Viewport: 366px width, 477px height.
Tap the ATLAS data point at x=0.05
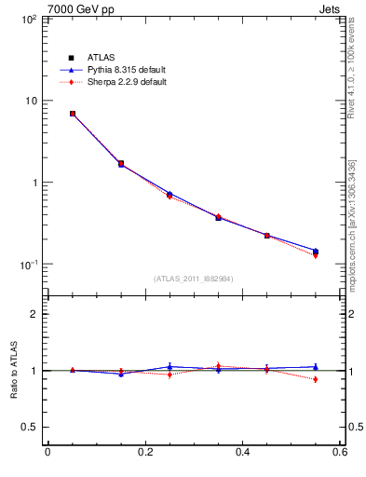point(72,114)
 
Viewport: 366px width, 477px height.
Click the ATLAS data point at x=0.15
point(121,164)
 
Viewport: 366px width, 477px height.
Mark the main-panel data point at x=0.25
point(169,195)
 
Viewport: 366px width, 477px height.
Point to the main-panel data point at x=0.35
point(218,217)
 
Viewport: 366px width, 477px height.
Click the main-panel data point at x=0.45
point(267,236)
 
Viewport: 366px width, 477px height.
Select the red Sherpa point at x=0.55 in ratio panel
point(316,379)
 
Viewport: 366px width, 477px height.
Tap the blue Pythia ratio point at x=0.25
point(169,367)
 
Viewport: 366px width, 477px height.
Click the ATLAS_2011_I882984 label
point(194,279)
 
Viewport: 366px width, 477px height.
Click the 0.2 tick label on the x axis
point(144,453)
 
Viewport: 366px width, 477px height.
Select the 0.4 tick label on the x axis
point(242,453)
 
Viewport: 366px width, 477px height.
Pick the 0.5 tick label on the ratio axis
point(30,427)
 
